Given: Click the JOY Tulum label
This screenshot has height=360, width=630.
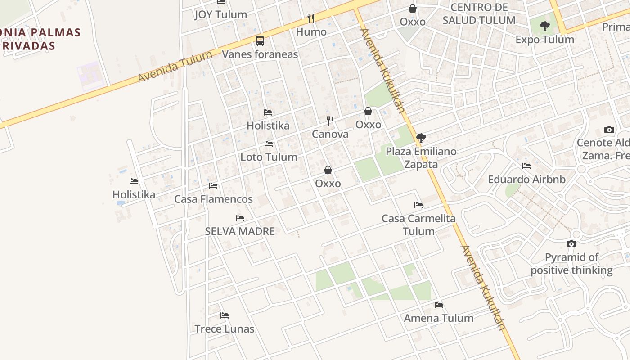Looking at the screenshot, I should click(220, 14).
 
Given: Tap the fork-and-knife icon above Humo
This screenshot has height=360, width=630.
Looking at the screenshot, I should click(311, 18).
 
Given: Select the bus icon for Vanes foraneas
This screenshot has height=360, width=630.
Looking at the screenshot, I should click(260, 41).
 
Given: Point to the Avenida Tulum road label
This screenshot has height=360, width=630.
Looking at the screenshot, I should click(175, 67).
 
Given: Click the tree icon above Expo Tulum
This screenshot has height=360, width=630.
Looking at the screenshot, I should click(545, 26).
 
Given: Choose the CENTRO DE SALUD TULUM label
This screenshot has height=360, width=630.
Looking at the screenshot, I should click(479, 14).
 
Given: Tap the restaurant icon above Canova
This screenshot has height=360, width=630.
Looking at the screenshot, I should click(330, 121).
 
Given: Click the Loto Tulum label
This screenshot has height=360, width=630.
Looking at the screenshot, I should click(269, 157).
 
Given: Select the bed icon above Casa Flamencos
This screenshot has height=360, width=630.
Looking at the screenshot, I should click(213, 185).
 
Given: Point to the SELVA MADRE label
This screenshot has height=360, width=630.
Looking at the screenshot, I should click(240, 231).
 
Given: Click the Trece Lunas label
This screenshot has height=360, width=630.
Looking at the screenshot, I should click(225, 329).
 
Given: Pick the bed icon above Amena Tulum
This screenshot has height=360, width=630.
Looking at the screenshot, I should click(439, 305).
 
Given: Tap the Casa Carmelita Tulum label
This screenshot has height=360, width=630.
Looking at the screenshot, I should click(418, 225).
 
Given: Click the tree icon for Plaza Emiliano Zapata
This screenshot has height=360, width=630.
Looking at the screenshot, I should click(421, 138).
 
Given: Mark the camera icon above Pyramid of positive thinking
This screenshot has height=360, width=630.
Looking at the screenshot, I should click(571, 244).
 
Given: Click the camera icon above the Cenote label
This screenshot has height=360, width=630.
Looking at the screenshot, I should click(609, 130).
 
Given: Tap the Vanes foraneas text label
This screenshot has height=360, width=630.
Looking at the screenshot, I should click(260, 54).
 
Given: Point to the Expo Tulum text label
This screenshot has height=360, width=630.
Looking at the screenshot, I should click(545, 40).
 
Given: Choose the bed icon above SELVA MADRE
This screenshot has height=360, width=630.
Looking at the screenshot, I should click(240, 218).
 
